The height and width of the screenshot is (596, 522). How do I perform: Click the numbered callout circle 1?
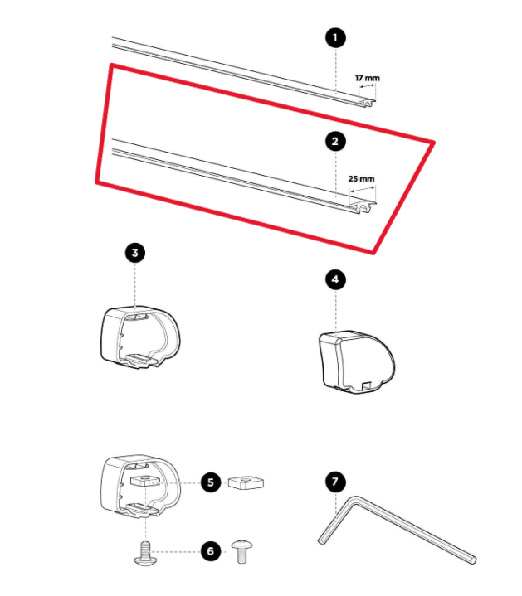(335, 37)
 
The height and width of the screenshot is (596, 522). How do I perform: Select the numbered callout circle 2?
(335, 142)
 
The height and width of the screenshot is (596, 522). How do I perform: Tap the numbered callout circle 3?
(134, 253)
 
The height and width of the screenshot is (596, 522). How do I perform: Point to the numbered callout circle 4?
(335, 279)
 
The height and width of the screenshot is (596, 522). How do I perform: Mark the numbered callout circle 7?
(335, 482)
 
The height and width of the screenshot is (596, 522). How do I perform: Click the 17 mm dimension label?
(367, 78)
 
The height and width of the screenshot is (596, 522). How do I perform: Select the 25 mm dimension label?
(361, 178)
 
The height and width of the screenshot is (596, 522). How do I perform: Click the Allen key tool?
(390, 531)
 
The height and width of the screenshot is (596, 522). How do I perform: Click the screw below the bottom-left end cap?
(144, 553)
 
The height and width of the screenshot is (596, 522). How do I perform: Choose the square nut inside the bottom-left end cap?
(142, 482)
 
